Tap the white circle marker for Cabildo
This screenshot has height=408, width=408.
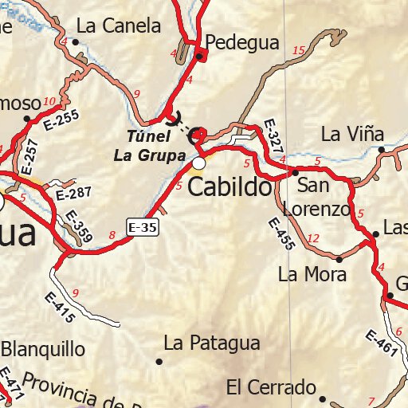[198, 163]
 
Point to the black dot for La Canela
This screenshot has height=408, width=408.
[77, 41]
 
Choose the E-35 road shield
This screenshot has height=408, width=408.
[143, 228]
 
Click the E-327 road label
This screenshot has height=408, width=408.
[272, 135]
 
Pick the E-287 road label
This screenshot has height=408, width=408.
[75, 192]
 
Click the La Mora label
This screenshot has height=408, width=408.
[312, 276]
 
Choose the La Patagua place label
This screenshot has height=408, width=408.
[212, 343]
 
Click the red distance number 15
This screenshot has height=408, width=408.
[299, 52]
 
